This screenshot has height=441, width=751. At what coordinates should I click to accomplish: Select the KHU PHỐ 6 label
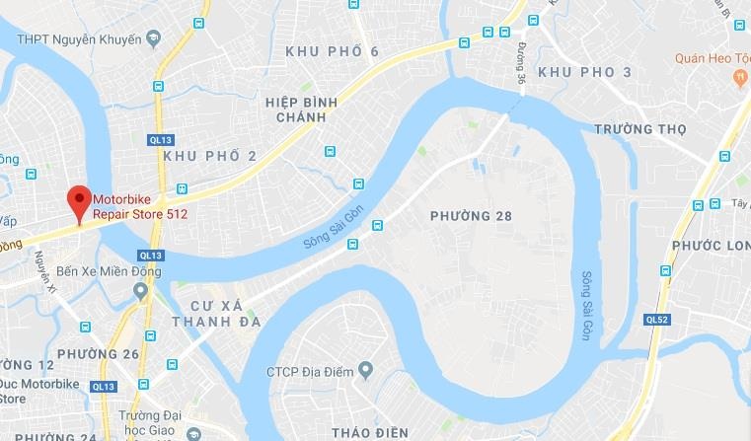pyautogui.click(x=332, y=51)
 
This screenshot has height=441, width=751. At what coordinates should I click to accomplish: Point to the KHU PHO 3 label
pyautogui.click(x=585, y=73)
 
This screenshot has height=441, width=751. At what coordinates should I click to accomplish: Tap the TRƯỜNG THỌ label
pyautogui.click(x=639, y=129)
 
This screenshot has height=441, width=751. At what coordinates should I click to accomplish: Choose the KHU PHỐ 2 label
pyautogui.click(x=209, y=156)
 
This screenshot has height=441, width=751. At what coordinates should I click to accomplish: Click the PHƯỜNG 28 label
pyautogui.click(x=472, y=215)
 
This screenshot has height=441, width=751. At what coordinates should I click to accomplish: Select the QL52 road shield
pyautogui.click(x=656, y=320)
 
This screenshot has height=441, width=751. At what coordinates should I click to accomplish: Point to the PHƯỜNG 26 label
pyautogui.click(x=98, y=353)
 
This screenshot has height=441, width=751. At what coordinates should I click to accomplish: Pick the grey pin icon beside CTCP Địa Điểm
pyautogui.click(x=366, y=371)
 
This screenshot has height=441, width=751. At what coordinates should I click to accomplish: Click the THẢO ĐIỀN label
pyautogui.click(x=370, y=432)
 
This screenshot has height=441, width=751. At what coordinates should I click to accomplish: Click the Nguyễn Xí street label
pyautogui.click(x=43, y=271)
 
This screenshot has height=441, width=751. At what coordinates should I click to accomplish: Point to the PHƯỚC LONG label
pyautogui.click(x=711, y=245)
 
